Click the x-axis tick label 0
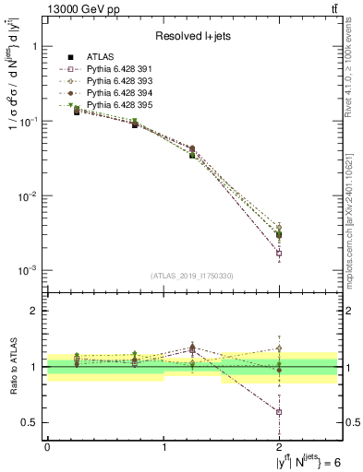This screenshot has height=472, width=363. coord(47,450)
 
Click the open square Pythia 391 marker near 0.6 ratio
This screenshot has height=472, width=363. coord(279,412)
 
